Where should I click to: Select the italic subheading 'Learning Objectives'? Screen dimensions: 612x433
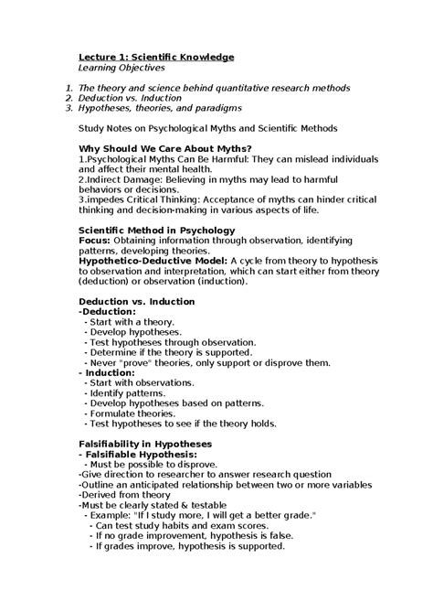[x=121, y=68]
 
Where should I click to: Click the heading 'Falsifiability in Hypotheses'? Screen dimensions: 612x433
[x=145, y=444]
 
